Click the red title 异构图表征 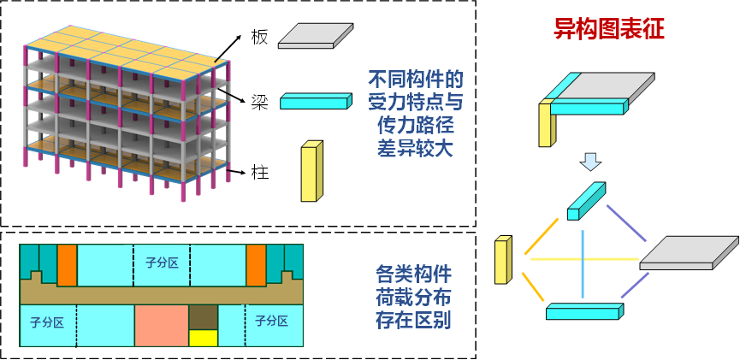(x=609, y=30)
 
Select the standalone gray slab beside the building (x=315, y=35)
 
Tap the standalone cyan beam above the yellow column (x=314, y=102)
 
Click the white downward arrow (x=590, y=161)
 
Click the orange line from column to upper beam (x=542, y=236)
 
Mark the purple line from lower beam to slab (x=635, y=286)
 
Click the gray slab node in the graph (x=688, y=253)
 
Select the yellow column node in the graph (x=502, y=261)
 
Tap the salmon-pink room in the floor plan (x=161, y=326)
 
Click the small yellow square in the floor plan (x=203, y=338)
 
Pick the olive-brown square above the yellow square (x=203, y=317)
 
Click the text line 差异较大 (x=416, y=147)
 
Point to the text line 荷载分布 (x=414, y=298)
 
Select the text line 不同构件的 (x=416, y=80)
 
